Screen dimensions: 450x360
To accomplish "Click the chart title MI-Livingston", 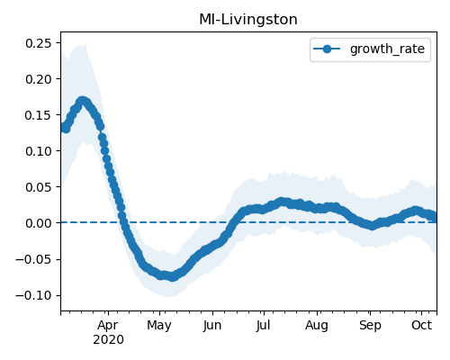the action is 248,20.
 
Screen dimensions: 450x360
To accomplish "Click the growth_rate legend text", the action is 387,49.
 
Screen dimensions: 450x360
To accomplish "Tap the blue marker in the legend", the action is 327,49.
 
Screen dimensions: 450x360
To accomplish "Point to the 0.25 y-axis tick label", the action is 39,43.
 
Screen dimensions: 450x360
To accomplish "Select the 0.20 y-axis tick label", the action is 39,79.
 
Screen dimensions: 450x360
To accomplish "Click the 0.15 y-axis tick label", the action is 39,115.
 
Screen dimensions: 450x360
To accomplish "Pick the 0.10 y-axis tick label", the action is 39,151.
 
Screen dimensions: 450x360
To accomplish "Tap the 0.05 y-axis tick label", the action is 39,187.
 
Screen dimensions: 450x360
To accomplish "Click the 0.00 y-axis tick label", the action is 39,223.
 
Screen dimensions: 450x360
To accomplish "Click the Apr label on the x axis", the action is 108,326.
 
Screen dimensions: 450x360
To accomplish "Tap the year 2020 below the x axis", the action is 108,339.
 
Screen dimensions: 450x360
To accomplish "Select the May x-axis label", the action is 159,326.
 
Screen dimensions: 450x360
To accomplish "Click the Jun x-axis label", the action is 212,326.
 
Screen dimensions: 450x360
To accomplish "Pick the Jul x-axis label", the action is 264,326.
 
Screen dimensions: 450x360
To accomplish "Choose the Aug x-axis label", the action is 317,326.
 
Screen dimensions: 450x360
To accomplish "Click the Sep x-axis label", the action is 370,326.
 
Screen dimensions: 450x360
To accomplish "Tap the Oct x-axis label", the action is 422,325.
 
